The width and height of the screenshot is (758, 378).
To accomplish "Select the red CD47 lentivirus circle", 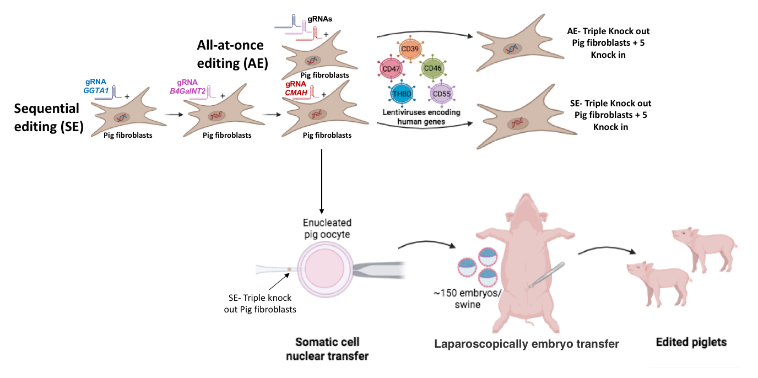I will (391, 69).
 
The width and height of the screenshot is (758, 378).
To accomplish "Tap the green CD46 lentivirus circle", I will (430, 69).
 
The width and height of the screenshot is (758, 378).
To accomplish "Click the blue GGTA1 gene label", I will (96, 89).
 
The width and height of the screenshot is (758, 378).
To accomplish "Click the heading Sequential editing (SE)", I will (47, 117).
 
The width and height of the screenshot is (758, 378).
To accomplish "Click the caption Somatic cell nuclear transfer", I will (327, 349).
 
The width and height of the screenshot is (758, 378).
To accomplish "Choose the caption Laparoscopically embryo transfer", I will (527, 344).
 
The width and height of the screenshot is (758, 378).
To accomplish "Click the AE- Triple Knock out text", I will (612, 31).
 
